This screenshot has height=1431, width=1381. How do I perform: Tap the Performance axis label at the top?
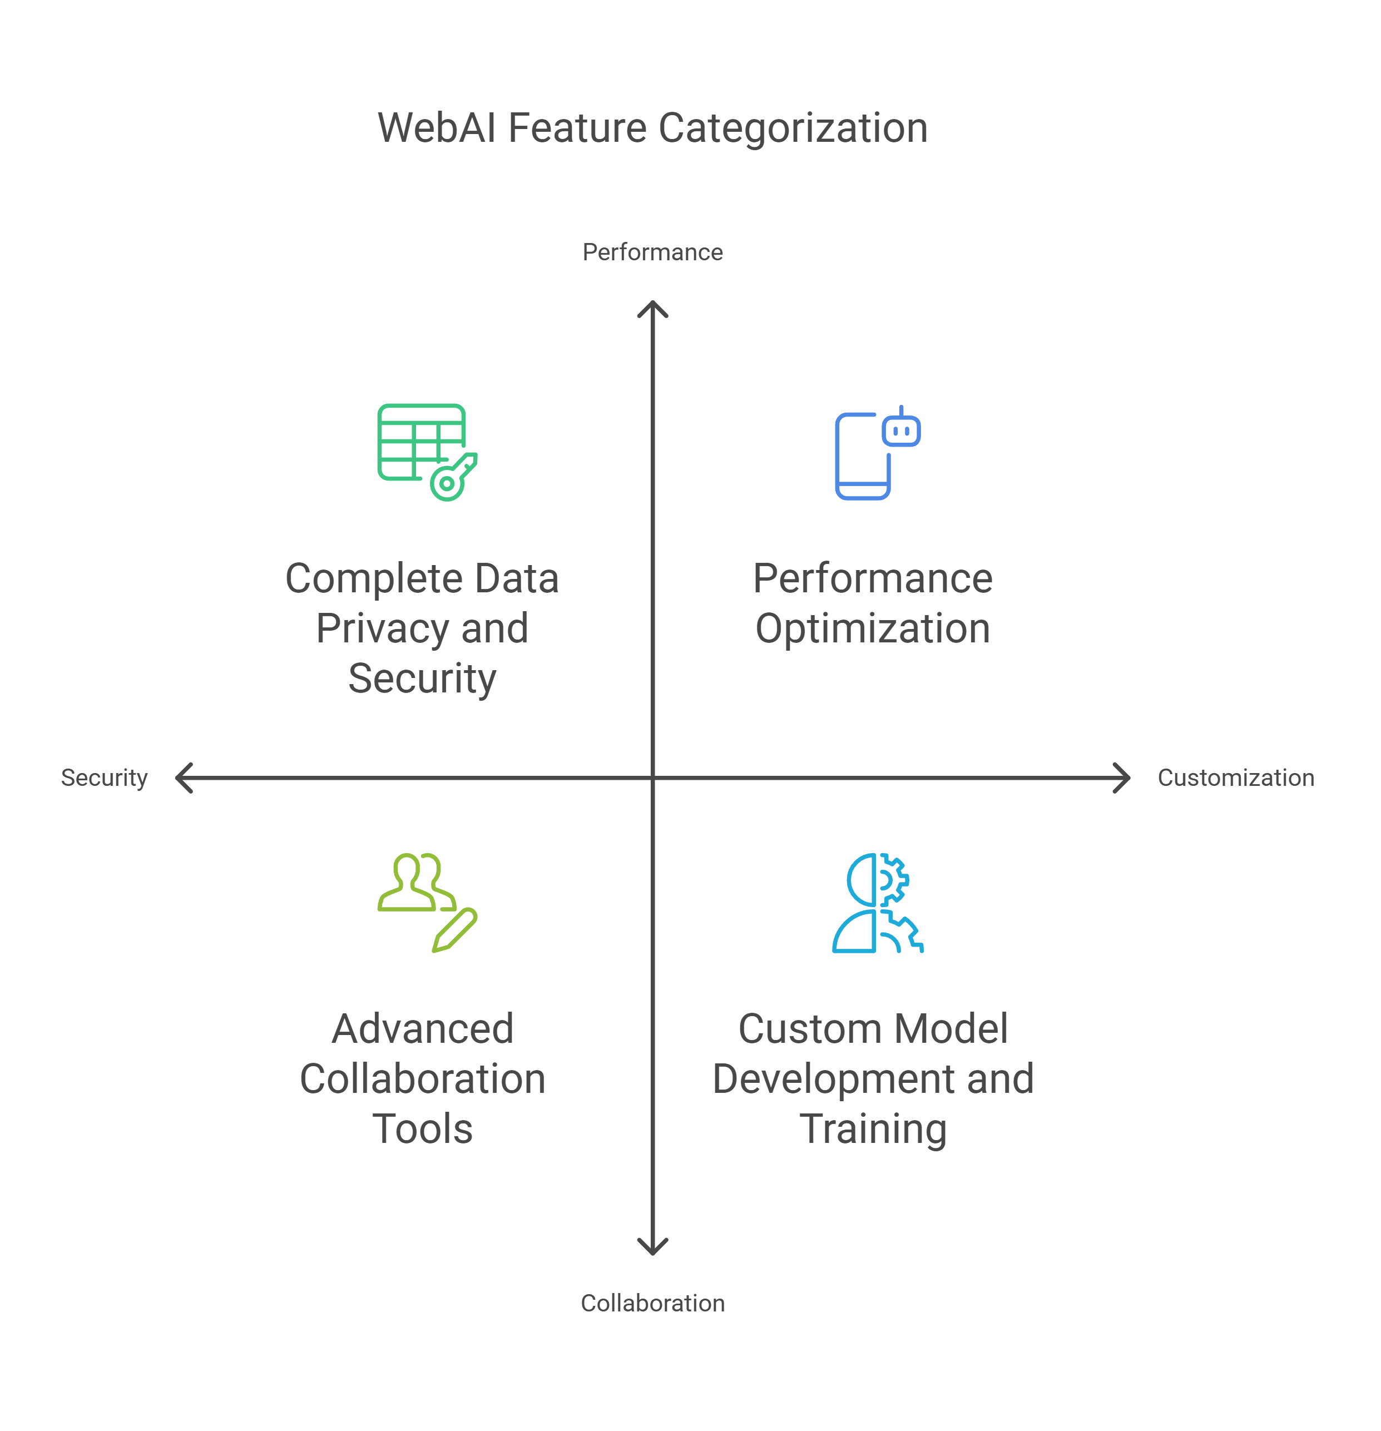coord(652,252)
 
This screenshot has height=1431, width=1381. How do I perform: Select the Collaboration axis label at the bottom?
coord(652,1303)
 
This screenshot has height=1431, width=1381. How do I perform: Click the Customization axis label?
coord(1236,778)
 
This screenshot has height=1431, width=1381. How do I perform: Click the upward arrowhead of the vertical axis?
coord(652,306)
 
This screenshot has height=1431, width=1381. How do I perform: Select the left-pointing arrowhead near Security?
coord(182,778)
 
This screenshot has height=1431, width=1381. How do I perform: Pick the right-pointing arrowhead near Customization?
coord(1123,778)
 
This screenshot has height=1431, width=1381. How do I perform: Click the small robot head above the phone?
coord(901,429)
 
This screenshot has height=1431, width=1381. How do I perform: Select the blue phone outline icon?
coord(862,456)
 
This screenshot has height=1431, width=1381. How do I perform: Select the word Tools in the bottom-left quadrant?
coord(422,1129)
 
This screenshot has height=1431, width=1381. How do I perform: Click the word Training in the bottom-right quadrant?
coord(872,1129)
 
